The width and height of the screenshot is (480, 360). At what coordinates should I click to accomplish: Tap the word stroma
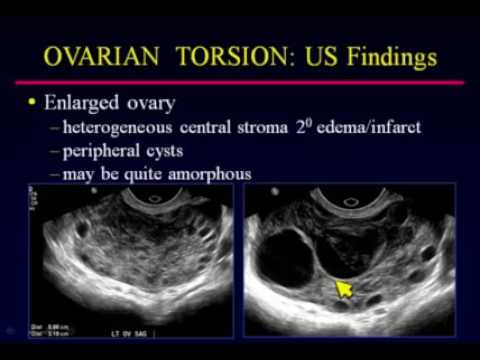coord(277,129)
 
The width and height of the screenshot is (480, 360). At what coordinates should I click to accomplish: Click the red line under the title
coord(239,81)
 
